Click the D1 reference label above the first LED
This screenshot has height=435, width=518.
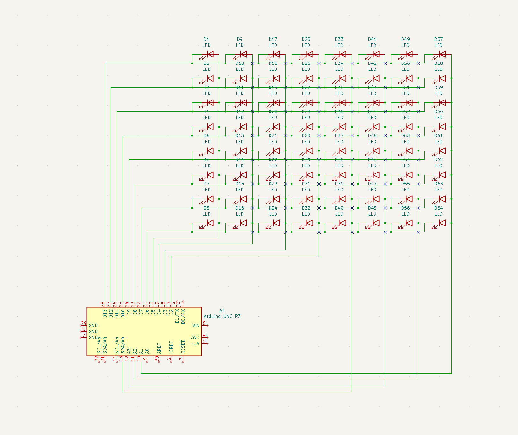click(x=207, y=39)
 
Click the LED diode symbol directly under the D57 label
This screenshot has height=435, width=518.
click(x=442, y=54)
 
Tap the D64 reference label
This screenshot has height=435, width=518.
click(x=439, y=208)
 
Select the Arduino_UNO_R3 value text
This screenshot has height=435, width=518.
click(x=222, y=316)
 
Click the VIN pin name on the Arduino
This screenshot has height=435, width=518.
click(x=196, y=325)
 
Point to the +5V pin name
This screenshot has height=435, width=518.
click(x=195, y=343)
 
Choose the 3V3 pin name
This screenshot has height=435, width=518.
click(x=195, y=337)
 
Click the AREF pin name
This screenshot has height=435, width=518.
click(x=159, y=349)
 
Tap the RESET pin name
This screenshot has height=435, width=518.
click(x=183, y=347)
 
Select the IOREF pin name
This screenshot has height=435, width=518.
click(x=171, y=347)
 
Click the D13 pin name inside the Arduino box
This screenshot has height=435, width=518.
click(x=105, y=313)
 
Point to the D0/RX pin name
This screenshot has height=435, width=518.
click(x=183, y=316)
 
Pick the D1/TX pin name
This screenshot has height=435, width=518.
click(x=177, y=316)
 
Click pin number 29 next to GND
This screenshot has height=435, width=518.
click(x=84, y=323)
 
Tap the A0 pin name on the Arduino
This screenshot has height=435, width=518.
click(x=147, y=351)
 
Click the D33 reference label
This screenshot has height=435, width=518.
click(x=339, y=39)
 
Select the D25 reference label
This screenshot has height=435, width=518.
click(x=306, y=39)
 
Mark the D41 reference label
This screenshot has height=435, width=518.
click(x=372, y=39)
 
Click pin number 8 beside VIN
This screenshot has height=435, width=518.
click(x=204, y=323)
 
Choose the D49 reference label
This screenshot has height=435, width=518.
click(x=405, y=39)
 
